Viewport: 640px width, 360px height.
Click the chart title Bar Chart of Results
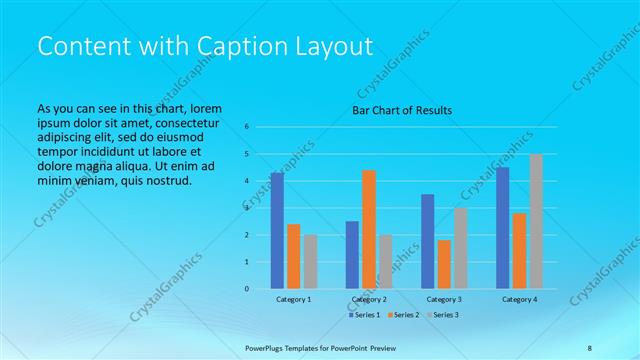point(401,110)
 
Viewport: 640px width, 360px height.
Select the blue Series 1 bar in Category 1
point(277,231)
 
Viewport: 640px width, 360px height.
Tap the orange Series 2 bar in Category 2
point(368,229)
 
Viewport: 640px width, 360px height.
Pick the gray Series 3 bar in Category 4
point(536,221)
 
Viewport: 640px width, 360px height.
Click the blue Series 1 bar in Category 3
point(427,241)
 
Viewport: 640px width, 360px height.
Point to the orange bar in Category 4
point(519,251)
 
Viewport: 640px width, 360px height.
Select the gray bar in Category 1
point(310,262)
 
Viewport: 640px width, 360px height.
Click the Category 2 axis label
point(368,299)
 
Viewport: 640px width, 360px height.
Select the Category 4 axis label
point(519,299)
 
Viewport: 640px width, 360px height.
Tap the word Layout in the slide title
point(334,47)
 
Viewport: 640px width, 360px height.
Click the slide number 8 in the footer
point(589,347)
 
